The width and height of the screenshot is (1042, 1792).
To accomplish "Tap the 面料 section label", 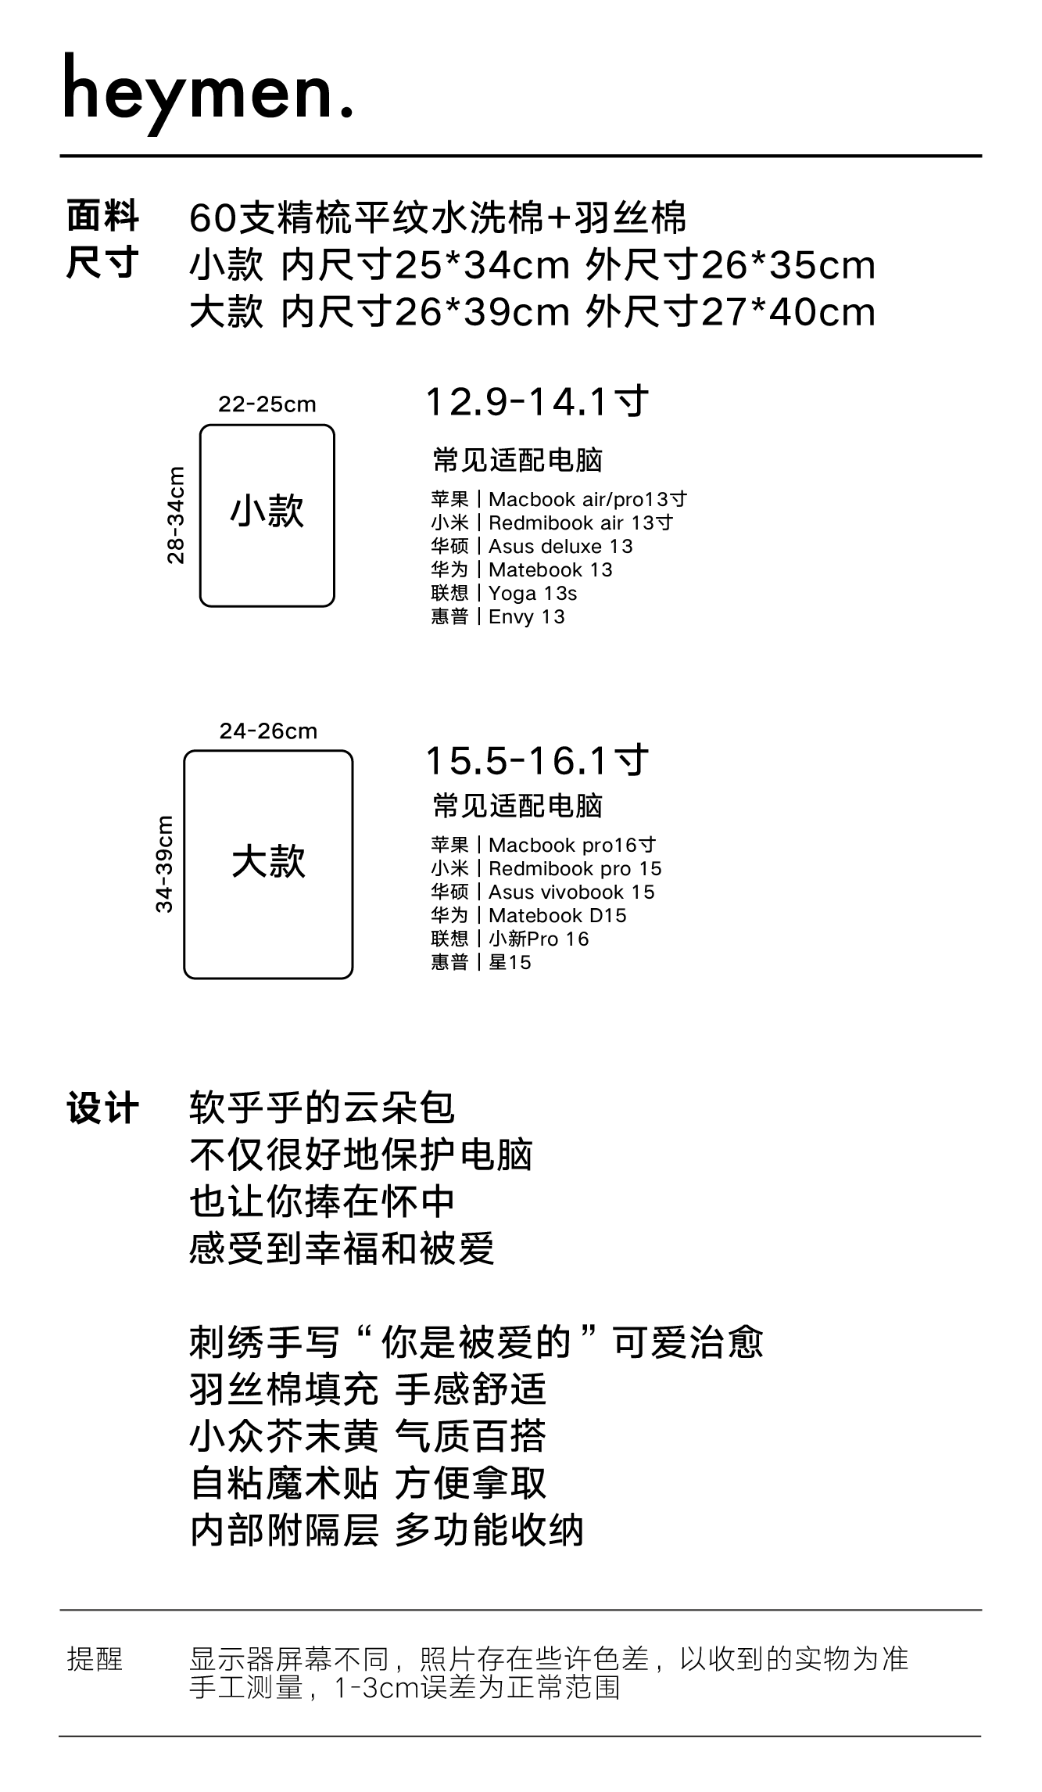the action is (x=102, y=217).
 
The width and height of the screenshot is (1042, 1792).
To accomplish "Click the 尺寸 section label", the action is (x=102, y=263).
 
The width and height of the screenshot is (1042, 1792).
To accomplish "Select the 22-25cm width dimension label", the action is (x=267, y=404).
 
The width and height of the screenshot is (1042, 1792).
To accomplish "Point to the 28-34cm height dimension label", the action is (x=177, y=515).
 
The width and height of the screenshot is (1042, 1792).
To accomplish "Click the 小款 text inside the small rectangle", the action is (x=267, y=512).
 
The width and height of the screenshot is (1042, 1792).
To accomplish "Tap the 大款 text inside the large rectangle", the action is (x=268, y=862).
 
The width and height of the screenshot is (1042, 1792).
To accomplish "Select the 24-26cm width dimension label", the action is (x=268, y=731).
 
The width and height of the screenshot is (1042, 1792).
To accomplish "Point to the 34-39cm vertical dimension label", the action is (x=164, y=864).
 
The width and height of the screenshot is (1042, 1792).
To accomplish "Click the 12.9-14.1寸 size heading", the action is (x=536, y=402).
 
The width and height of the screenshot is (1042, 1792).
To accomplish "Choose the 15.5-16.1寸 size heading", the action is (x=536, y=760).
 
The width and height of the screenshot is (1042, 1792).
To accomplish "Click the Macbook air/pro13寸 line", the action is (x=587, y=499).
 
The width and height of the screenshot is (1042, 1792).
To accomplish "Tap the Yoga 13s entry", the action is (x=532, y=594).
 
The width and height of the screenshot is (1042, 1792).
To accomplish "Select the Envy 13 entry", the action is (x=526, y=617).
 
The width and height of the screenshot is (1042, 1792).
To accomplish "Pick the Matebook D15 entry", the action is (x=557, y=916).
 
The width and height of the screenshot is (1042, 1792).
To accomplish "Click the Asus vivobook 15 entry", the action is (x=571, y=892).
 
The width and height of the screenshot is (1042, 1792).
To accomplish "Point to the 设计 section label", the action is (x=102, y=1109).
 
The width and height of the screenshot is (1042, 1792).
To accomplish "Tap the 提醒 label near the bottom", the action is (x=95, y=1659).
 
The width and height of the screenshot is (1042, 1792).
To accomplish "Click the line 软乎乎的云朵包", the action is (x=322, y=1108).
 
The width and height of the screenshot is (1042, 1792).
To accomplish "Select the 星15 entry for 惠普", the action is (x=510, y=963).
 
